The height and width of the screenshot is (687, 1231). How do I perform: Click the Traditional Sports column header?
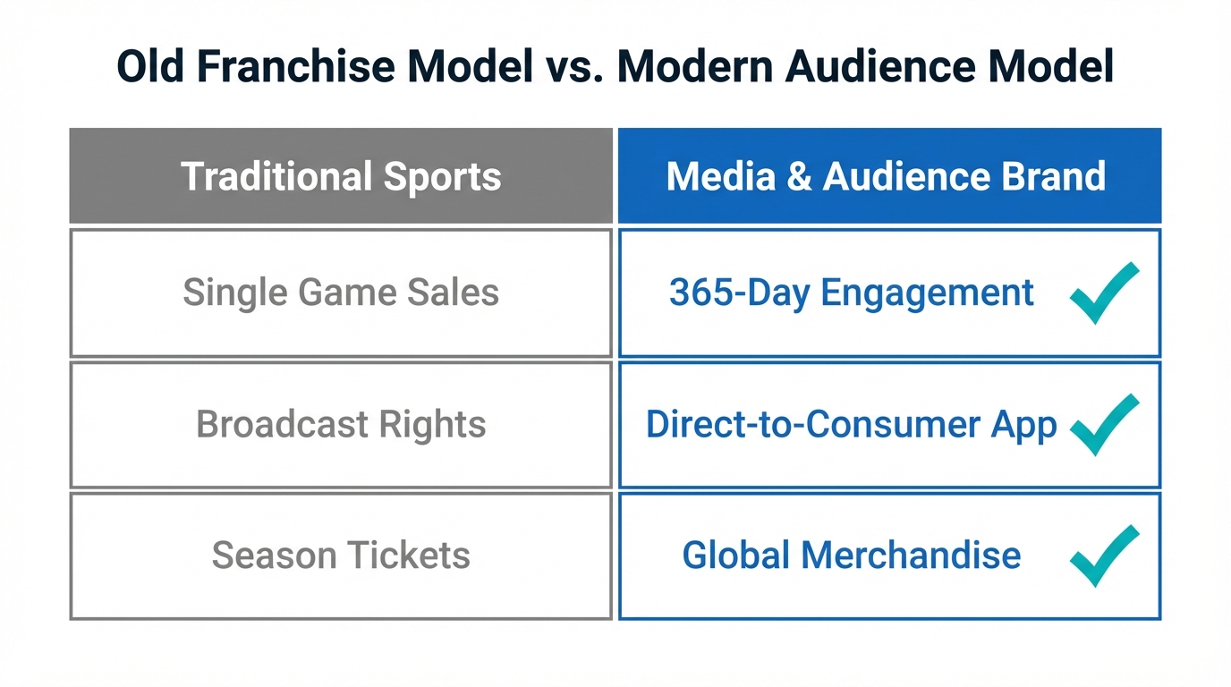pos(341,176)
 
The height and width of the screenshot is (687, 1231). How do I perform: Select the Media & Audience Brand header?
pos(886,176)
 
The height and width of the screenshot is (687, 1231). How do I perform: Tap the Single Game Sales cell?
pos(341,293)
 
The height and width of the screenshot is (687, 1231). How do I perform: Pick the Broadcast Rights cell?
pos(341,424)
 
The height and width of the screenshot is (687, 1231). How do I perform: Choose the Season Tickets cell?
pos(341,556)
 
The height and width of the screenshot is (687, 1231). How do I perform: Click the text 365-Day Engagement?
pos(851,293)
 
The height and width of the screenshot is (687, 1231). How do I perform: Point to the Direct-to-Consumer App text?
pos(851,424)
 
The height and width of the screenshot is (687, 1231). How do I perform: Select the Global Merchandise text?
pos(851,556)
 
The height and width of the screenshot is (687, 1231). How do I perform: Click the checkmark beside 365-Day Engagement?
pos(1103,293)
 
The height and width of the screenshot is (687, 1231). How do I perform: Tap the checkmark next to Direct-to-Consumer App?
pos(1103,424)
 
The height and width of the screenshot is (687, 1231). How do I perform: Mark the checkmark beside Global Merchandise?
pos(1103,556)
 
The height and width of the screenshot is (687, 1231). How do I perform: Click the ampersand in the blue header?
pos(787,176)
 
